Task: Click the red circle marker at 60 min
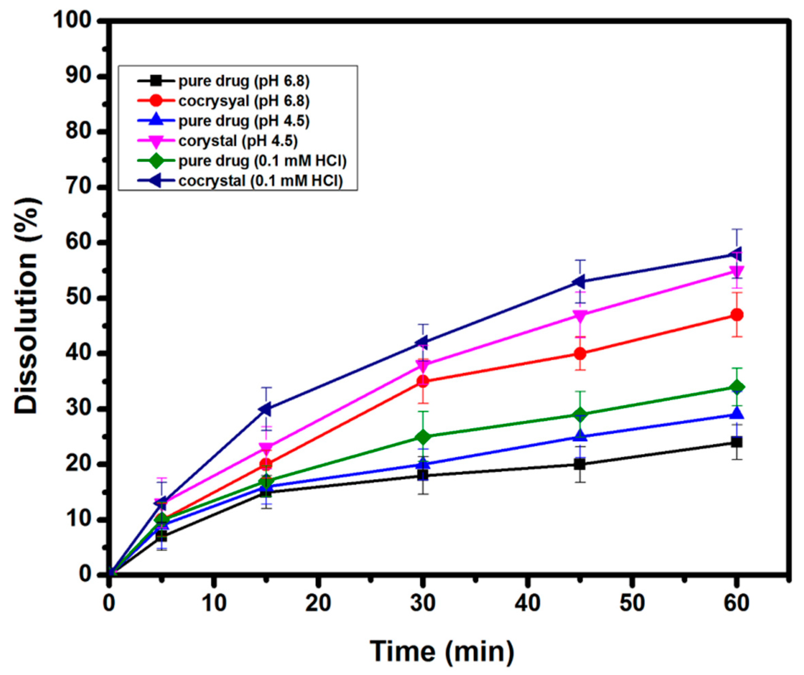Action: (x=737, y=315)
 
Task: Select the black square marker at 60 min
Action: (x=737, y=442)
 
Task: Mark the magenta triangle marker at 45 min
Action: (x=581, y=316)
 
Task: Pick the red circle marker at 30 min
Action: (x=423, y=381)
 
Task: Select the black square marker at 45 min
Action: (x=581, y=464)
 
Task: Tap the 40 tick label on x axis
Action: (x=528, y=604)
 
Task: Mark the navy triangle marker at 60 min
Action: (x=736, y=254)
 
